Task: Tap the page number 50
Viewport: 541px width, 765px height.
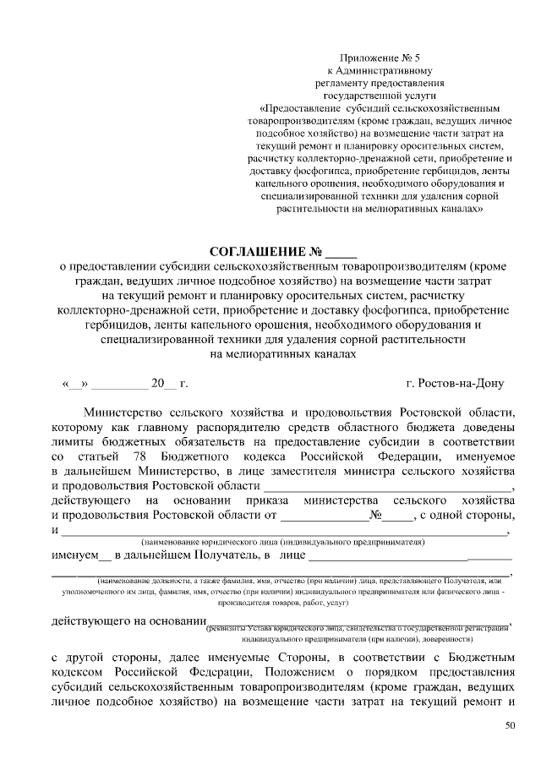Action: click(508, 725)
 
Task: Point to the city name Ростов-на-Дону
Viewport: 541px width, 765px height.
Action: click(455, 384)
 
